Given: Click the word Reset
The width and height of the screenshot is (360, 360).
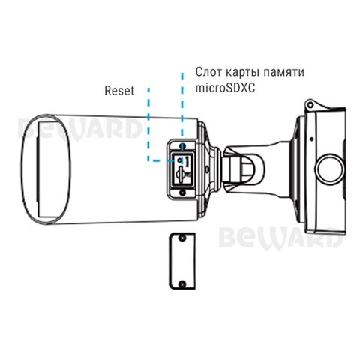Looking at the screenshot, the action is (x=119, y=91).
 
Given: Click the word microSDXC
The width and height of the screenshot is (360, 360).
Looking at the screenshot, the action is (x=225, y=88).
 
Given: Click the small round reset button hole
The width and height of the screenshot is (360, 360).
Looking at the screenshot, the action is (x=179, y=160).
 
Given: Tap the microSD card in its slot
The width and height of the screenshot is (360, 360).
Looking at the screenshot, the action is (x=180, y=172).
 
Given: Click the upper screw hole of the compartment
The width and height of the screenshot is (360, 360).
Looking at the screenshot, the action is (x=183, y=145).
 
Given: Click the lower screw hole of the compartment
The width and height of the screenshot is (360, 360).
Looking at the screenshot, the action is (x=183, y=193).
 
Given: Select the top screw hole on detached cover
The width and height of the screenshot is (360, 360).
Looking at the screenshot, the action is (x=183, y=238).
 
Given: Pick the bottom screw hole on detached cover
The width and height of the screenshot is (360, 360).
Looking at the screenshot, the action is (x=183, y=283).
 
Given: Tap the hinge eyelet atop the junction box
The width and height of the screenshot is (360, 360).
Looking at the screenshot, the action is (x=310, y=104).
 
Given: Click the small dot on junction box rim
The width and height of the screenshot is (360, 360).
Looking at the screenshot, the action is (x=311, y=139).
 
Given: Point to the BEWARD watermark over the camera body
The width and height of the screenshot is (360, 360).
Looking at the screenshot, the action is (x=79, y=129).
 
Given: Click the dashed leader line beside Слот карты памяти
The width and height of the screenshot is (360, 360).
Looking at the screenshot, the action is (x=183, y=110).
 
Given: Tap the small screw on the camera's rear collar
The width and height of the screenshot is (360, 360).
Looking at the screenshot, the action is (x=207, y=169).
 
